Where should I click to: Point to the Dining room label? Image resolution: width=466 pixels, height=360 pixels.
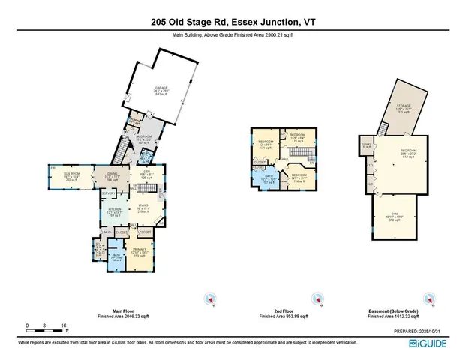point(112,178)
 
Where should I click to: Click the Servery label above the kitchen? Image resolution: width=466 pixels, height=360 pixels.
point(108,193)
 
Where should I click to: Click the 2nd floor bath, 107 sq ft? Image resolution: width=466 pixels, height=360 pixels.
point(268,180)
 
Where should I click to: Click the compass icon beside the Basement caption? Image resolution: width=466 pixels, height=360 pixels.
point(430,299)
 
